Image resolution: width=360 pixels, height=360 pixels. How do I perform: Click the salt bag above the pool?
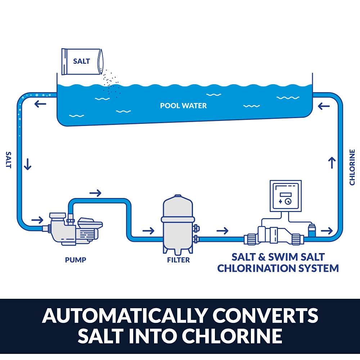82,61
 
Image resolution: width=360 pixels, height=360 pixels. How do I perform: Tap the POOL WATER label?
183,106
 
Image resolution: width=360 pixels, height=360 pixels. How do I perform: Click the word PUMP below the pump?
76,260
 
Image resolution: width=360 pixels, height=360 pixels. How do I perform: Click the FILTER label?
179,260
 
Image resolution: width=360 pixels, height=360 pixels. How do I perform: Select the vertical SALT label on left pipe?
8,159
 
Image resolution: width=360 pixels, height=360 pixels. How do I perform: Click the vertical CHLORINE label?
352,167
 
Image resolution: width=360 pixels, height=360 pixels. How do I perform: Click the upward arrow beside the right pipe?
332,162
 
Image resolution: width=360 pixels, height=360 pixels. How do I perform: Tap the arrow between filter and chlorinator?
223,230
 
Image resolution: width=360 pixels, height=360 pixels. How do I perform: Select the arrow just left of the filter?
148,230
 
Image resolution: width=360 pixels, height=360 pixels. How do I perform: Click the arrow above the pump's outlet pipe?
95,193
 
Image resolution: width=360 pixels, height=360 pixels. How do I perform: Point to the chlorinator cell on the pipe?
275,236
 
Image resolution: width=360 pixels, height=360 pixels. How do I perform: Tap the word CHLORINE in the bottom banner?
232,336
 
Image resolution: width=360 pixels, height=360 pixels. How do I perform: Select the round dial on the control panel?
288,202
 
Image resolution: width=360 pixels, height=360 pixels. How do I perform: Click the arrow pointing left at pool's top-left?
40,104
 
